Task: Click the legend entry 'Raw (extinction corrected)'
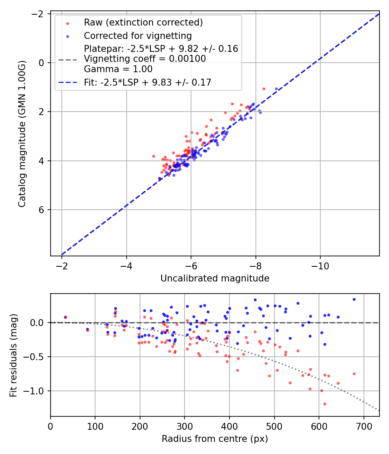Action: tap(143, 22)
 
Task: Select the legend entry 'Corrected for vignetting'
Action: tap(137, 35)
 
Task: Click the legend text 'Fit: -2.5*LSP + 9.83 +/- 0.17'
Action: tap(147, 82)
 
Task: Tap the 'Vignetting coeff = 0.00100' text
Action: tap(145, 59)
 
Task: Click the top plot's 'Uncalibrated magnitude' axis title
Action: tap(215, 278)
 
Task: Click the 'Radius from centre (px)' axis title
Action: tap(215, 439)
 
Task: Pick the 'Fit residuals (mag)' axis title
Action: tap(13, 355)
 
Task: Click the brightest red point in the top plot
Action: tap(264, 89)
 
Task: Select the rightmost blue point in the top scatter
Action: tap(277, 89)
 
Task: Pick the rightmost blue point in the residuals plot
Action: tap(354, 299)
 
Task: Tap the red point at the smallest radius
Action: tap(65, 317)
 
